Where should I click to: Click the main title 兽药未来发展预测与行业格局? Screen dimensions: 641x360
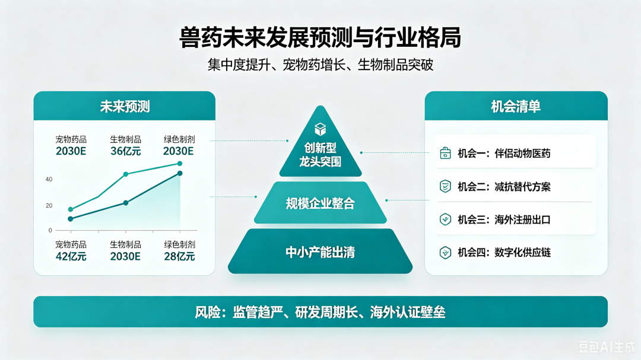click(320, 37)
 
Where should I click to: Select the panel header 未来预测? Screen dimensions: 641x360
click(125, 106)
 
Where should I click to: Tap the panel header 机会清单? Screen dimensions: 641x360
click(516, 106)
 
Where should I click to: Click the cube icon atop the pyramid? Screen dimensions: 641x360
click(320, 129)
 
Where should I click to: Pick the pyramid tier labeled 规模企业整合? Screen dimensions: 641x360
click(320, 203)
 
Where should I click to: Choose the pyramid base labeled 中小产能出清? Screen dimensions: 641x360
click(320, 251)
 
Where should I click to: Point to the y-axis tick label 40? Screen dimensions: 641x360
click(49, 179)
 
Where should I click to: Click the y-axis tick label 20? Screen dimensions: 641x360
click(49, 206)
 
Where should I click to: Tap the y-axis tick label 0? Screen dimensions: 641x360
click(50, 231)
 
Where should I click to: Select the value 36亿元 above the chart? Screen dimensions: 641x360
click(125, 151)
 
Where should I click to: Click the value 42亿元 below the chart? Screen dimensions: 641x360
click(71, 257)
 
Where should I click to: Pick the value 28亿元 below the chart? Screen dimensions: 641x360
click(179, 257)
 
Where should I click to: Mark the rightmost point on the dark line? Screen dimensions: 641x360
click(180, 174)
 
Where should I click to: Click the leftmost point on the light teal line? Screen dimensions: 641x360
click(71, 209)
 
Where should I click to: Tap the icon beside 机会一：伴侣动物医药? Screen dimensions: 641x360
click(445, 153)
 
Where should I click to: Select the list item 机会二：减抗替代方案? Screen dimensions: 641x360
click(504, 187)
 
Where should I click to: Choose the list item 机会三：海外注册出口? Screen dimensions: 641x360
click(504, 220)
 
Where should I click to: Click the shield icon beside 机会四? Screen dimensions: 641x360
click(445, 253)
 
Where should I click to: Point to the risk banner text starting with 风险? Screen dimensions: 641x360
click(320, 312)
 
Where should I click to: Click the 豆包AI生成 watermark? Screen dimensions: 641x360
click(607, 347)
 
